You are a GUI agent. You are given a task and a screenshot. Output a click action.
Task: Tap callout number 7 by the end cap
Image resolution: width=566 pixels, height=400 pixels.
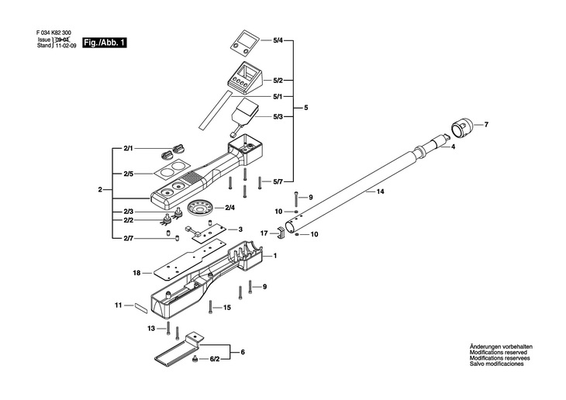coord(486,125)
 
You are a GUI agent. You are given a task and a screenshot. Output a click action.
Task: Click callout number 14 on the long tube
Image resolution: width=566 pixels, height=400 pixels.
coord(380,191)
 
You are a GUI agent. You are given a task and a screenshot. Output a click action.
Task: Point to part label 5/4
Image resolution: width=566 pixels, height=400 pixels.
coord(278,39)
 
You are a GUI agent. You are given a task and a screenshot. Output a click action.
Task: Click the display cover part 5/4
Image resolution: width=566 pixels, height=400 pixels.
coord(247,43)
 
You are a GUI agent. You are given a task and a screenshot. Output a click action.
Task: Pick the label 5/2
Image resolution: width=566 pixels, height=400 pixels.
coord(278,80)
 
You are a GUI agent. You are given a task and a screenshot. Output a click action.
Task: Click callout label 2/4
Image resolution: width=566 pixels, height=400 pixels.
coord(230,208)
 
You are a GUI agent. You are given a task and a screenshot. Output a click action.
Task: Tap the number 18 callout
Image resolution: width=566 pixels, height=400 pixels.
coord(136,273)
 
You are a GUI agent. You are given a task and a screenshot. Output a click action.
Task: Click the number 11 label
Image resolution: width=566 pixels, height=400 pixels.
coord(119,305)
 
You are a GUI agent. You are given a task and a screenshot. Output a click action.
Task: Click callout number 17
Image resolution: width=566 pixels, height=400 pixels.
coord(264,233)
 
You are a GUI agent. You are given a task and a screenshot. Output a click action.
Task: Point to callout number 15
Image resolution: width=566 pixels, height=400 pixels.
coord(227,308)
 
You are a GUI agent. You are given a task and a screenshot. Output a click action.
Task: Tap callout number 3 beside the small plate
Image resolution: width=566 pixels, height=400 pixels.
coord(240,229)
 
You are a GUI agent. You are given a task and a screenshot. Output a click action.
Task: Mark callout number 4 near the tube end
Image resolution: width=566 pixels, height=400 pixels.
coord(453,147)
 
